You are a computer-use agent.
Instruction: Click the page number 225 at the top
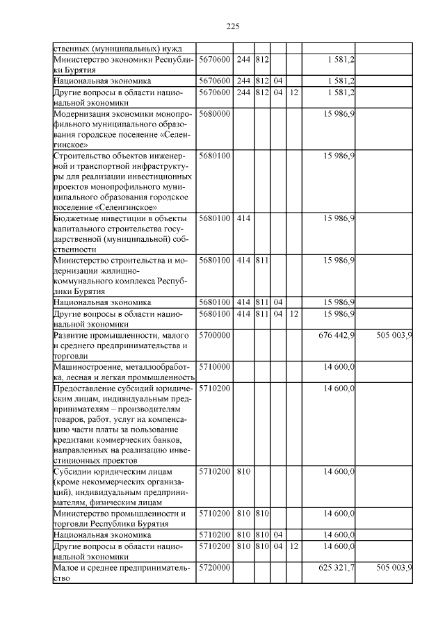coord(233,26)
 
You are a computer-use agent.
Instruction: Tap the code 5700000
coord(214,335)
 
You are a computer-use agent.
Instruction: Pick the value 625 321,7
coord(337,568)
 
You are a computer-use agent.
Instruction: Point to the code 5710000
coord(214,366)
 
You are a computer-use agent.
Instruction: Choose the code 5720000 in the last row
coord(214,568)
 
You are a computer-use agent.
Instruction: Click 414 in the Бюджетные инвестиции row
coord(243,219)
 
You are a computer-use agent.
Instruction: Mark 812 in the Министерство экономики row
coord(261,60)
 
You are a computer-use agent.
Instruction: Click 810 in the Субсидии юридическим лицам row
coord(243,472)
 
